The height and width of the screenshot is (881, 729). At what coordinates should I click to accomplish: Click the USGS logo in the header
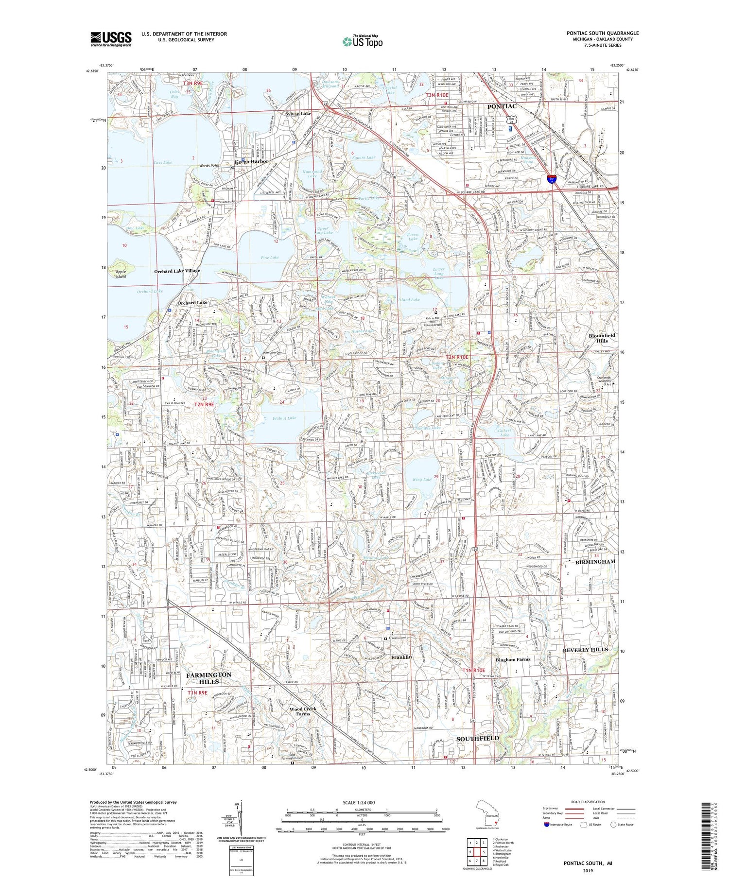tap(111, 38)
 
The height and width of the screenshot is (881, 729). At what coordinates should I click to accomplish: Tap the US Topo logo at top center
tap(362, 42)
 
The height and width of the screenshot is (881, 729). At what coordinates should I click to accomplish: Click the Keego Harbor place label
tap(252, 161)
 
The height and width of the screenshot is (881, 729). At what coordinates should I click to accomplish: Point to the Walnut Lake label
tap(285, 418)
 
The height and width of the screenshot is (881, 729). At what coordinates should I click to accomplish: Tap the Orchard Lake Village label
tap(177, 271)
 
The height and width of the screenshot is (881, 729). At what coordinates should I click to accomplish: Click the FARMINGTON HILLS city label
tap(208, 678)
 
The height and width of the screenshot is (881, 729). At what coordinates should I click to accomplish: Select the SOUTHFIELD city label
tap(477, 738)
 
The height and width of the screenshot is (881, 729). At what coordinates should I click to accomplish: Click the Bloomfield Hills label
tap(602, 338)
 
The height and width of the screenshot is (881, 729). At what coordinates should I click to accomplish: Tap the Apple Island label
tap(121, 274)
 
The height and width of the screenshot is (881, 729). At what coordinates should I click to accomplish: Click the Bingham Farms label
tap(513, 659)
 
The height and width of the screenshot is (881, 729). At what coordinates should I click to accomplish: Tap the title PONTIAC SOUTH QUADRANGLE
tap(602, 33)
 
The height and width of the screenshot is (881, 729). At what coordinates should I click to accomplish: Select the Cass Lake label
tap(163, 162)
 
